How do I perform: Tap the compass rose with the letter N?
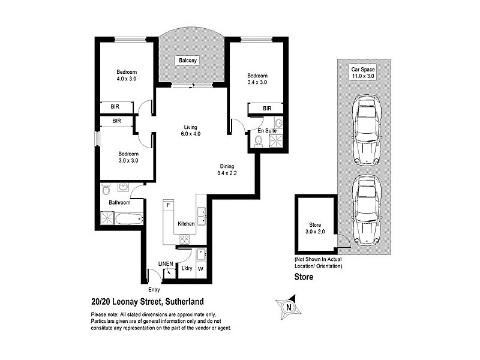pyautogui.click(x=289, y=307)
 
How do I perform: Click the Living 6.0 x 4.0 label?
pyautogui.click(x=191, y=130)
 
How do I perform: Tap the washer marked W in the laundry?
pyautogui.click(x=201, y=268)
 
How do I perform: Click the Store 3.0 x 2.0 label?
pyautogui.click(x=315, y=227)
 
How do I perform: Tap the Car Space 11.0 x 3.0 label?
pyautogui.click(x=363, y=73)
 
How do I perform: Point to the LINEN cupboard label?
pyautogui.click(x=165, y=263)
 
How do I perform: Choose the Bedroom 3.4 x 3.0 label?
pyautogui.click(x=257, y=79)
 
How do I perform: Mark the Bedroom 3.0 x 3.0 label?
pyautogui.click(x=128, y=157)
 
